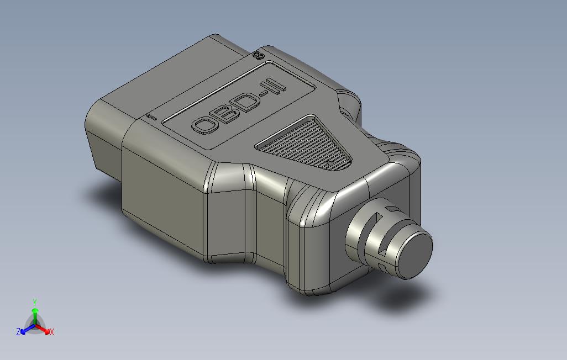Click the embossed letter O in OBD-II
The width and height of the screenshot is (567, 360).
(206, 125)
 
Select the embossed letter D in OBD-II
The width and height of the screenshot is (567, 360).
(249, 102)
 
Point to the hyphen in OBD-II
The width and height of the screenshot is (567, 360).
(266, 96)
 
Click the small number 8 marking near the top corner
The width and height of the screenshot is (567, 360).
(259, 56)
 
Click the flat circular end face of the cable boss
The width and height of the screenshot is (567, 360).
(416, 255)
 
